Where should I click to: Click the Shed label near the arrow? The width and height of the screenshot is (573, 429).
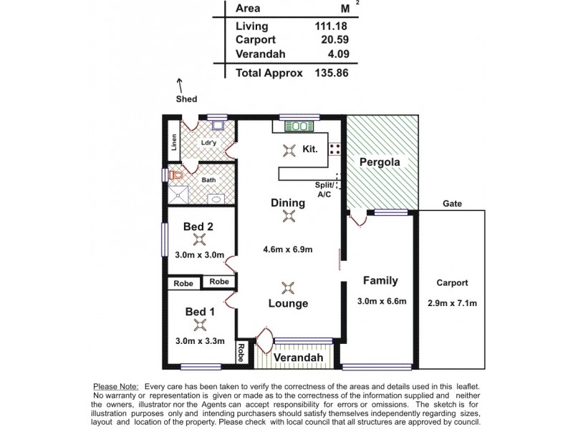click(x=187, y=99)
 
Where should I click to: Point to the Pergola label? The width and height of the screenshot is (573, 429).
click(x=380, y=162)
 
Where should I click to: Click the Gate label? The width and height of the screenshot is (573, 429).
click(x=452, y=203)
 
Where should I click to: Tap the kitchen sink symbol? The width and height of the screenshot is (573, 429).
click(x=297, y=127)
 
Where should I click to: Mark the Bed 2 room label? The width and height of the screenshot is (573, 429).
click(x=198, y=227)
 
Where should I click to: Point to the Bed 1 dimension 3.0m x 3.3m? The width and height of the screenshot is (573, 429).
click(x=200, y=340)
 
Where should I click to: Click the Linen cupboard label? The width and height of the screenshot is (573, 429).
click(x=174, y=143)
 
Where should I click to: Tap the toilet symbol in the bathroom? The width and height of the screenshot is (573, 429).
click(x=176, y=174)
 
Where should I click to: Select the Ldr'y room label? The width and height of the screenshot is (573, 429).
click(x=210, y=143)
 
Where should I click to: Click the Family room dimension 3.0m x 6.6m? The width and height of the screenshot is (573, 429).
click(x=382, y=301)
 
